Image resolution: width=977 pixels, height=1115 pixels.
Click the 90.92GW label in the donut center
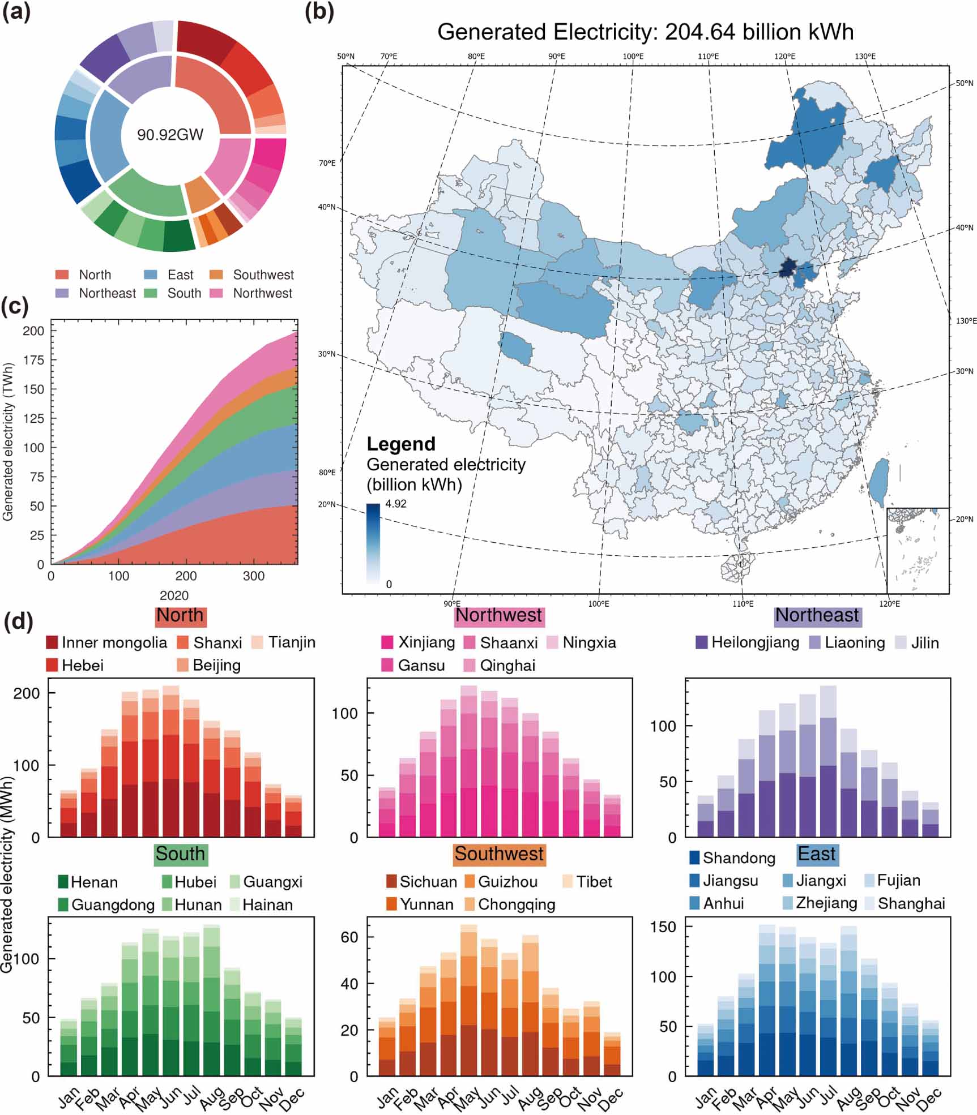(170, 135)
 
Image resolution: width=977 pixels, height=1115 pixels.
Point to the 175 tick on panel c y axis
(33, 360)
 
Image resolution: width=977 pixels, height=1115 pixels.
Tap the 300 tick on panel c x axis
(253, 576)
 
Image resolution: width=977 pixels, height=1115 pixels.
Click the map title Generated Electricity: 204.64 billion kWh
(645, 32)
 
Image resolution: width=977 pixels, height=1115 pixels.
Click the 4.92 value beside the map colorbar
(396, 504)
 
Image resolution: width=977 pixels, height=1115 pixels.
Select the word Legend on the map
(401, 444)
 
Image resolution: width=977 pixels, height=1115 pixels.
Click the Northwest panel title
(498, 615)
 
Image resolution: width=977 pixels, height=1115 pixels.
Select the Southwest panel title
(498, 854)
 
